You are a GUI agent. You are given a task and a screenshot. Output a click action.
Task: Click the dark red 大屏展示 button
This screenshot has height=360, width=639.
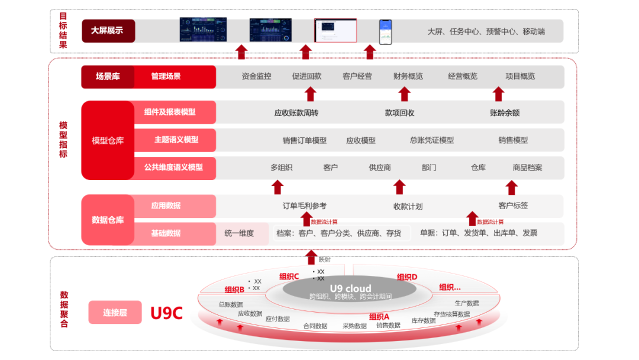107,31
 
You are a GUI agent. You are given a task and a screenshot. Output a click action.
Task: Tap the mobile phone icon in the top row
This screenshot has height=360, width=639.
385,31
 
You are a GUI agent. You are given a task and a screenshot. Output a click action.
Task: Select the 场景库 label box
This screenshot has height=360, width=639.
108,76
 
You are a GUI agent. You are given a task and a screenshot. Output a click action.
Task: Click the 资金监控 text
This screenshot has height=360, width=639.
256,76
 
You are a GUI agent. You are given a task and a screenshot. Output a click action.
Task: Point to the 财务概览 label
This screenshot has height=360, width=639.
408,76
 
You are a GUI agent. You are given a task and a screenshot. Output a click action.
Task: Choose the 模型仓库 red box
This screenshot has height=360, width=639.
108,140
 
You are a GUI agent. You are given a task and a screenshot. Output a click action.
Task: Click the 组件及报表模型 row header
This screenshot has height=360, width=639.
170,112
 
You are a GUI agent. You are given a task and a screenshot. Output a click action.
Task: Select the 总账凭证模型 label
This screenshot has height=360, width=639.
432,140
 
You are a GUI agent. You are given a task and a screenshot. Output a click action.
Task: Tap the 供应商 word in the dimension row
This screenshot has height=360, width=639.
380,168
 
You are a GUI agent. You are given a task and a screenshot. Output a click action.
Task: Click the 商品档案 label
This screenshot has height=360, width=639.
527,168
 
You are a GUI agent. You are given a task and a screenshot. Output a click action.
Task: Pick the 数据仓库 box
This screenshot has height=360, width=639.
108,220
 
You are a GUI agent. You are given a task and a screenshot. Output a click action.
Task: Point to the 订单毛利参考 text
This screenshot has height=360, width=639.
304,206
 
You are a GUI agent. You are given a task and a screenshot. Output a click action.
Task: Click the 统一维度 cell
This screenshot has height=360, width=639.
239,233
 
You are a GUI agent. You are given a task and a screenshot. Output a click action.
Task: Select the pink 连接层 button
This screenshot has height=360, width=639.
115,313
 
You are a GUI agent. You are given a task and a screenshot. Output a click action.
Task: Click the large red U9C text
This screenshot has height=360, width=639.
166,313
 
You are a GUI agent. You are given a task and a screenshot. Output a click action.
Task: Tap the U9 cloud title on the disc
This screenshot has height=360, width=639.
350,288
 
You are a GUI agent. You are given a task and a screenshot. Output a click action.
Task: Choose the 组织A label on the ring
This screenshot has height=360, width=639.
379,317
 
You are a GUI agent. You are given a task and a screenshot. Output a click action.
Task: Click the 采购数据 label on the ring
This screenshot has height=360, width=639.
354,326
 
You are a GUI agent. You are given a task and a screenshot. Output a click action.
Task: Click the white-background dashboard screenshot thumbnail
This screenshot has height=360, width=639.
335,31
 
